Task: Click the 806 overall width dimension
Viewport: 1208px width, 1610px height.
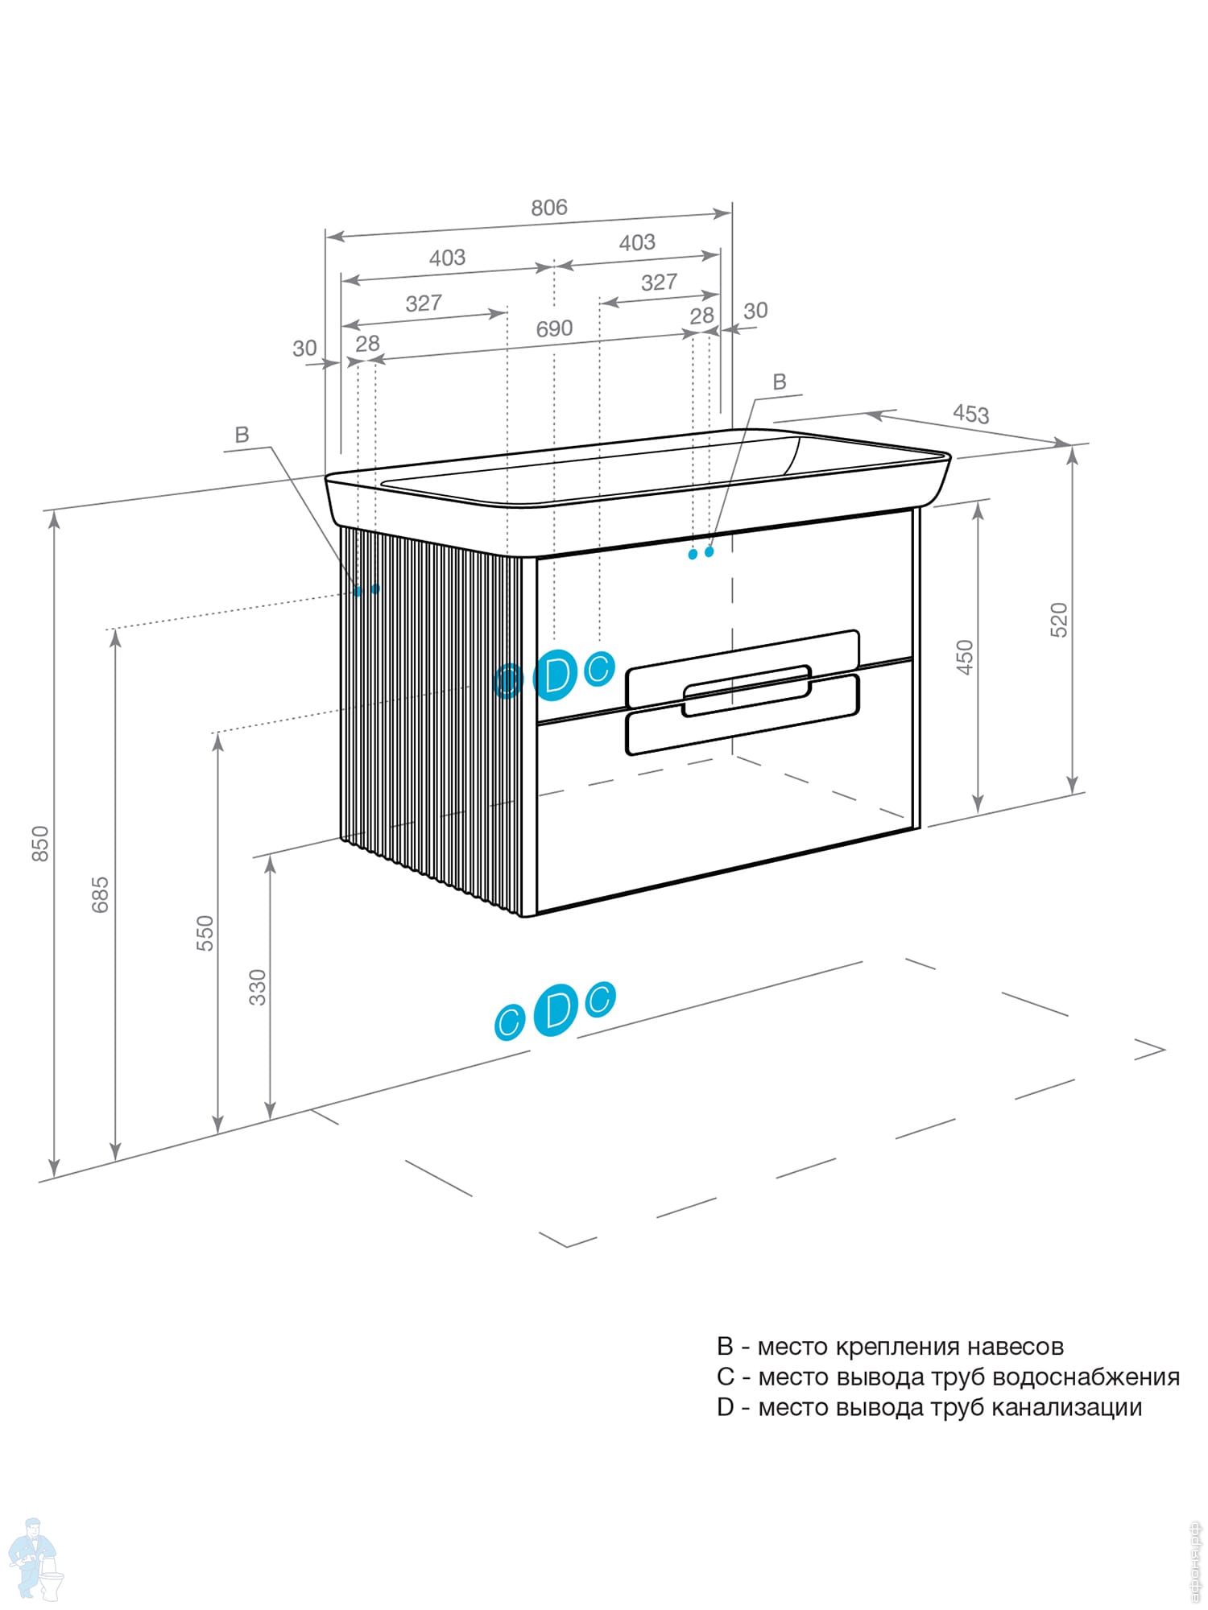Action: pyautogui.click(x=548, y=208)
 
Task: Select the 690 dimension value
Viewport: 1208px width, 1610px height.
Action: pyautogui.click(x=554, y=328)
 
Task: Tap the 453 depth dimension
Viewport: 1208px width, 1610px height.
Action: pyautogui.click(x=970, y=414)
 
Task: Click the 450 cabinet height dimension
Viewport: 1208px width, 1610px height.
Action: pyautogui.click(x=965, y=657)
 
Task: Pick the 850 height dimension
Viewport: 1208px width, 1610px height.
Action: pyautogui.click(x=39, y=843)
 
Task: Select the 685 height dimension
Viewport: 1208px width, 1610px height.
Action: pyautogui.click(x=100, y=894)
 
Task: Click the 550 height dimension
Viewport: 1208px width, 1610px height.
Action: pyautogui.click(x=205, y=933)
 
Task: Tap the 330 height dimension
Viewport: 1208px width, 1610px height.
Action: pyautogui.click(x=257, y=987)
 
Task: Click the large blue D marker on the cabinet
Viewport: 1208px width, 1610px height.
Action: pyautogui.click(x=556, y=675)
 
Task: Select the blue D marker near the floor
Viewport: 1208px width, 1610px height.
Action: pyautogui.click(x=556, y=1009)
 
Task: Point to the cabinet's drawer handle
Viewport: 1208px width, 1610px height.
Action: pyautogui.click(x=745, y=690)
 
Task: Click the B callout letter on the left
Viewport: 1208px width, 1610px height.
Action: pyautogui.click(x=242, y=436)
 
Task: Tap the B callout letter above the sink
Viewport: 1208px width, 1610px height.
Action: pyautogui.click(x=779, y=382)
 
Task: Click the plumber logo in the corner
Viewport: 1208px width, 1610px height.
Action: pyautogui.click(x=33, y=1558)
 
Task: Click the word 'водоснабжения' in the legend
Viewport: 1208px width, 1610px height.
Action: pyautogui.click(x=1086, y=1377)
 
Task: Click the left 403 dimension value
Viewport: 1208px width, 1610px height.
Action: pyautogui.click(x=447, y=258)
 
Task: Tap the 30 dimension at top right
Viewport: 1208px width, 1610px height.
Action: pyautogui.click(x=755, y=311)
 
